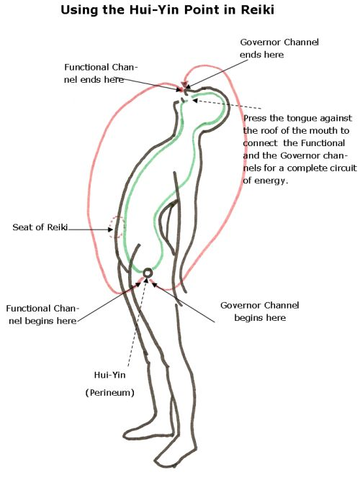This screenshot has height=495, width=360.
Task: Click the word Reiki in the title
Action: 257,10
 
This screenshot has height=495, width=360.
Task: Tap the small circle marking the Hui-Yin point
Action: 148,273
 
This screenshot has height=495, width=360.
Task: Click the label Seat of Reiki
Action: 40,227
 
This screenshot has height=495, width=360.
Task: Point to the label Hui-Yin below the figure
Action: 109,375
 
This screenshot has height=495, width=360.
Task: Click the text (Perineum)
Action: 110,393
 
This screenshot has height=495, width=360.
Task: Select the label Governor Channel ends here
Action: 279,48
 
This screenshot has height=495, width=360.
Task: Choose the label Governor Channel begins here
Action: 260,312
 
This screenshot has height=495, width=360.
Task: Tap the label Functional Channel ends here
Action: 101,73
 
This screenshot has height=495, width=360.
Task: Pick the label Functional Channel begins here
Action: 42,314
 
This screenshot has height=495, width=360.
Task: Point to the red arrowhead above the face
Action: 184,85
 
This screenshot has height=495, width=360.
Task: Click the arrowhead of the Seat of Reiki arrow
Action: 110,230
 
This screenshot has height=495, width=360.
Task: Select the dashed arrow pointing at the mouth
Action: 226,104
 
